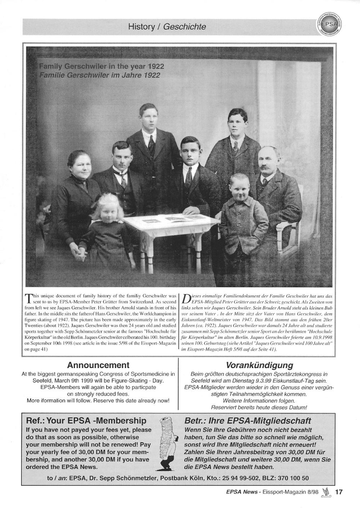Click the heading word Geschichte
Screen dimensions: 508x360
(x=185, y=27)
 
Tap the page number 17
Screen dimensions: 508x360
(x=339, y=491)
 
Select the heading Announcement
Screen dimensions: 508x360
(x=98, y=366)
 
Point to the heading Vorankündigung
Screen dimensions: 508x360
(x=259, y=366)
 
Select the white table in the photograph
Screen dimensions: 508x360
(x=164, y=230)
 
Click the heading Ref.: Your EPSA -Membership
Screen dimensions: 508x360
(x=86, y=421)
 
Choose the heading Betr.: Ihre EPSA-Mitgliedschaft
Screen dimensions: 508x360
(x=248, y=421)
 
